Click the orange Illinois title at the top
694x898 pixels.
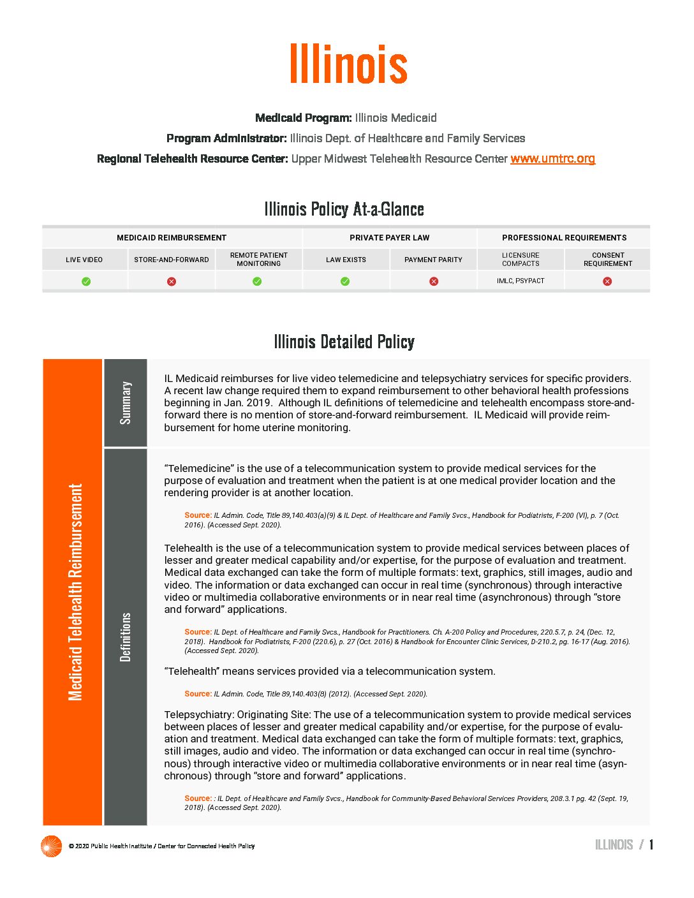[348, 64]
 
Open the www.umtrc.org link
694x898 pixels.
[552, 158]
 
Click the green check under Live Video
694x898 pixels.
[86, 281]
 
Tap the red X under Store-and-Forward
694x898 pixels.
[172, 281]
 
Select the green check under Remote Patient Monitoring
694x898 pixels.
[257, 281]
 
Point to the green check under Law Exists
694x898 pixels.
[345, 281]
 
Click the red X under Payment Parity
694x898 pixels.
[434, 281]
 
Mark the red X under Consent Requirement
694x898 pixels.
[607, 281]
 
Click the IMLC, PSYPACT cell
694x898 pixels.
[520, 281]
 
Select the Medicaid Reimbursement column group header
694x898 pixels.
[172, 238]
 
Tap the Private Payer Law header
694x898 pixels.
[389, 238]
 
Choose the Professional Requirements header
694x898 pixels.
[564, 238]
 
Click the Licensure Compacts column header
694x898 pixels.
[520, 260]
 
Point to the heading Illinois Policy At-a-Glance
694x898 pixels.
[344, 209]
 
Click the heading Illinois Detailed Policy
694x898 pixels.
[344, 342]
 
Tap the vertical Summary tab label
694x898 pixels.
[126, 402]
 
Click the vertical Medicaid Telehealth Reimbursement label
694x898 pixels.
[75, 592]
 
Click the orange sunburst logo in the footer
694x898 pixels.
[51, 846]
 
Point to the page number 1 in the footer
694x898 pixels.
[651, 845]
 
